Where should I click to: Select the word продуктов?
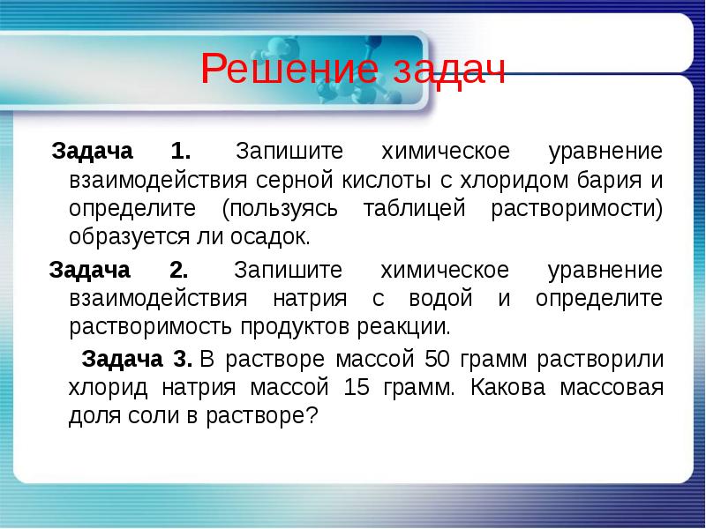click(x=297, y=328)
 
